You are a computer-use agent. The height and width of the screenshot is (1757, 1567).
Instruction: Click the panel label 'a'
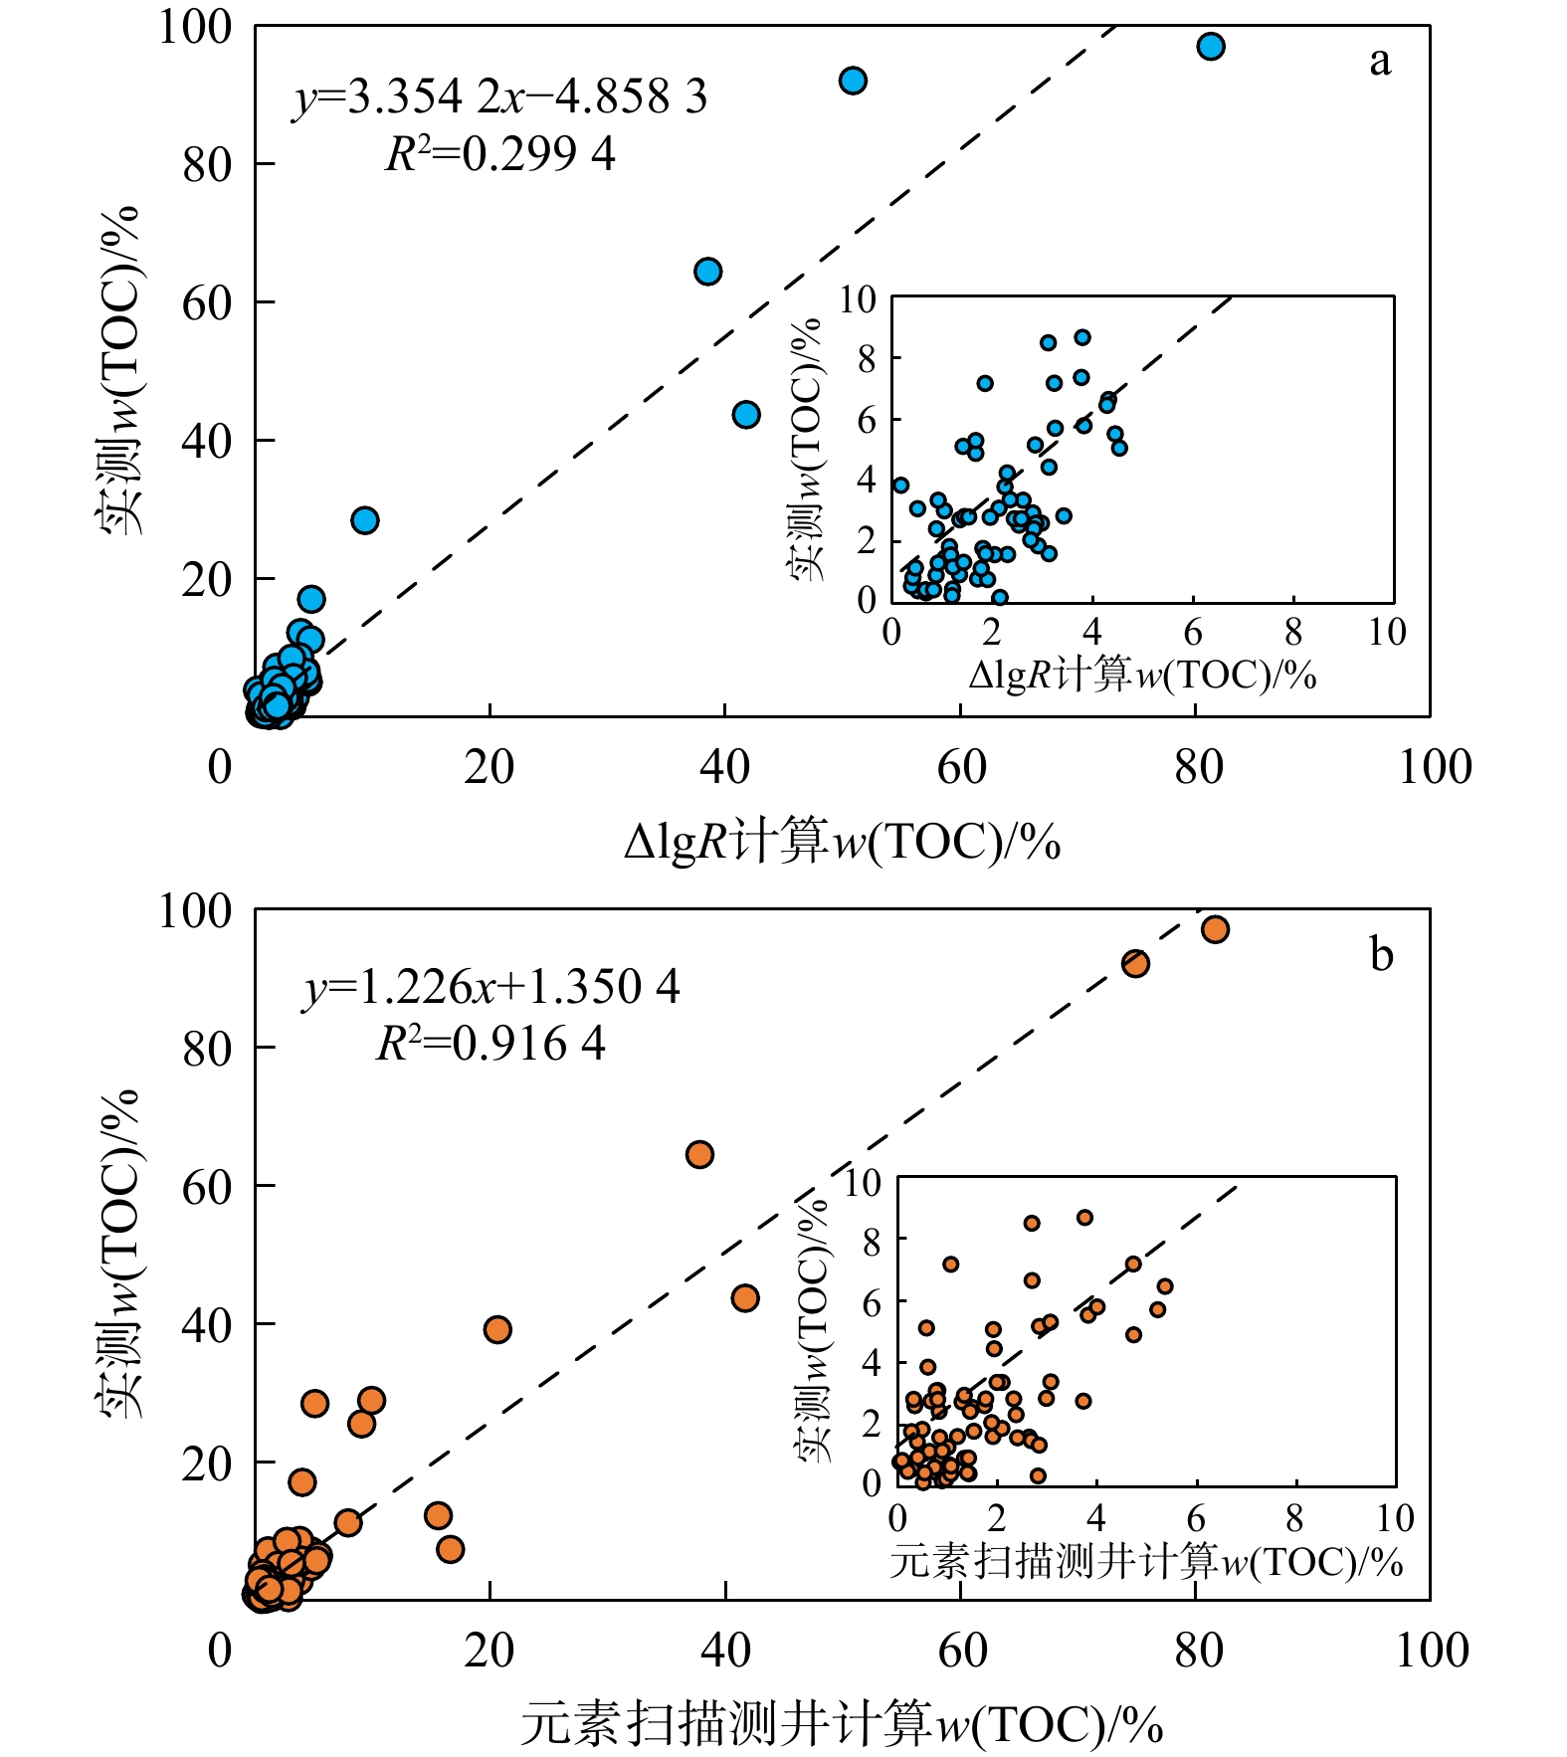[1379, 62]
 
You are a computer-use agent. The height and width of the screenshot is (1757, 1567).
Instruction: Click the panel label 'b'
[1381, 954]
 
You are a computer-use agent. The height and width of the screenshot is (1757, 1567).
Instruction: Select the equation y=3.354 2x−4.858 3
[500, 98]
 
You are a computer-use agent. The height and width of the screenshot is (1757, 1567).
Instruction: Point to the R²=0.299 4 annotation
[500, 154]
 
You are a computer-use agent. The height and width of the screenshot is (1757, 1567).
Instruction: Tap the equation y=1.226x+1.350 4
[491, 987]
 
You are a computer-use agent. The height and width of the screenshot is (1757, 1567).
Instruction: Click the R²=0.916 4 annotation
[490, 1044]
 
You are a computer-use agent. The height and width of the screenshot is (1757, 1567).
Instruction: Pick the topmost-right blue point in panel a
[1210, 47]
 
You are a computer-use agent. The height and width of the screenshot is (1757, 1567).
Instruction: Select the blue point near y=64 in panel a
[707, 272]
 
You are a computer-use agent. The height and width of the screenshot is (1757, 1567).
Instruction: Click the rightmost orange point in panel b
[1214, 929]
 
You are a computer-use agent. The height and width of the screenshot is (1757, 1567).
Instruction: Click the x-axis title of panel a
[842, 842]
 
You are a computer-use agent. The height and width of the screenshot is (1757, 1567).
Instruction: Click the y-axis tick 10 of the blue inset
[858, 298]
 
